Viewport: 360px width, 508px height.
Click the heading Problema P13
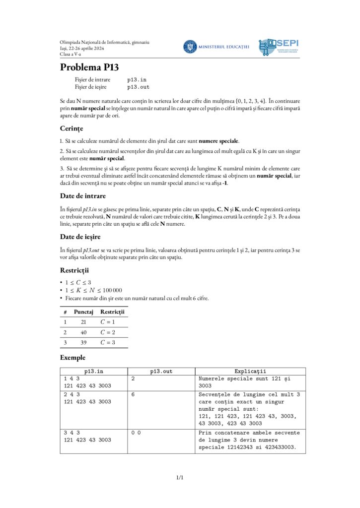tap(89, 67)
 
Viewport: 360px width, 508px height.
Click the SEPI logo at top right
tap(279, 47)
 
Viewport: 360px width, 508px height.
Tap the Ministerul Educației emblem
tap(190, 47)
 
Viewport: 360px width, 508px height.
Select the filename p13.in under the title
tap(137, 79)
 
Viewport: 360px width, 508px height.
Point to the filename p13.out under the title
tap(139, 87)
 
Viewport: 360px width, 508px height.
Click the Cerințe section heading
tap(72, 128)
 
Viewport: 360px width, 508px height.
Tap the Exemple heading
tap(72, 357)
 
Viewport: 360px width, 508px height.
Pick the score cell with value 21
tap(83, 322)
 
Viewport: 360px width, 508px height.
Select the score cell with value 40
tap(83, 332)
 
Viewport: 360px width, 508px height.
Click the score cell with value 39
tap(83, 343)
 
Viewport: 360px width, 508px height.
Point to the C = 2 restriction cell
tap(109, 332)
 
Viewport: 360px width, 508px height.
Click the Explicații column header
tap(250, 371)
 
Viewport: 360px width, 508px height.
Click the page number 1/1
tap(180, 478)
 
